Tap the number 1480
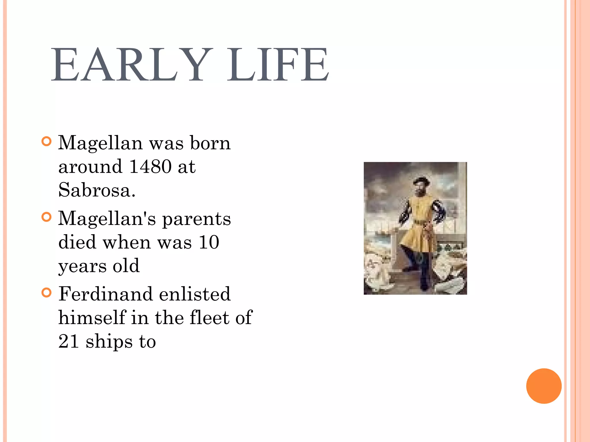150,167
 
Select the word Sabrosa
97,190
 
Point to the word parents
196,219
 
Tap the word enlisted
195,294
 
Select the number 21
69,342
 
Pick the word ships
109,342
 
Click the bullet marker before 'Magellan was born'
46,141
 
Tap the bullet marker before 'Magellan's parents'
46,217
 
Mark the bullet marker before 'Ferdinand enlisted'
46,293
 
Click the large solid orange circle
544,386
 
